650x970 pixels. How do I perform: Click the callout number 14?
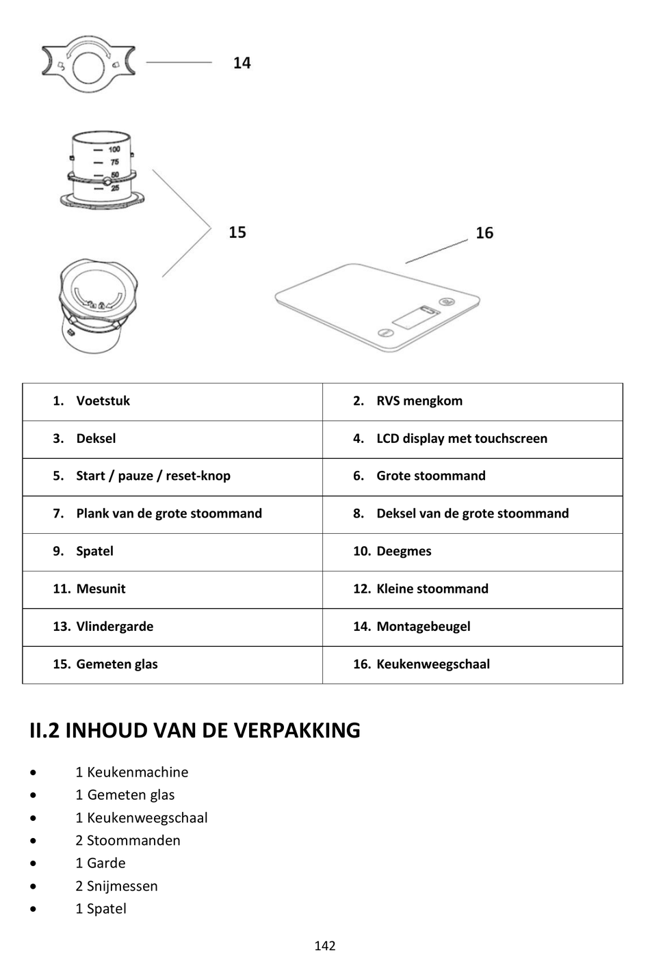pyautogui.click(x=242, y=63)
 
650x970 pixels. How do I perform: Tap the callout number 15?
pyautogui.click(x=237, y=232)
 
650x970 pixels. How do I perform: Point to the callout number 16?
pyautogui.click(x=484, y=233)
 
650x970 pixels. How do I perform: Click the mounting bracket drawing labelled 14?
pyautogui.click(x=88, y=64)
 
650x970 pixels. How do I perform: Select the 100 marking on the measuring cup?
pyautogui.click(x=114, y=149)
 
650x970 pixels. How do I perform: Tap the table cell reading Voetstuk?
pyautogui.click(x=103, y=401)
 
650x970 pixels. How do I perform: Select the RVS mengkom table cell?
pyautogui.click(x=419, y=401)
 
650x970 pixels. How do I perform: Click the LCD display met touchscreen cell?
pyautogui.click(x=461, y=439)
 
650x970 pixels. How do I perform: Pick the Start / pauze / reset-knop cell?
pyautogui.click(x=153, y=476)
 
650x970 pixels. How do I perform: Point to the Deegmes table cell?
pyautogui.click(x=403, y=552)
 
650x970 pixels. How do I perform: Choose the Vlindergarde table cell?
pyautogui.click(x=114, y=627)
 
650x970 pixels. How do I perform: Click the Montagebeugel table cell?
pyautogui.click(x=423, y=627)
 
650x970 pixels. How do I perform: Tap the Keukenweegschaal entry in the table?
pyautogui.click(x=432, y=664)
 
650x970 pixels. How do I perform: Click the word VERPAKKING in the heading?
pyautogui.click(x=296, y=731)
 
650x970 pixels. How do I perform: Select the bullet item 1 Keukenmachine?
pyautogui.click(x=131, y=772)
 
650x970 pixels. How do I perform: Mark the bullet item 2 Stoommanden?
pyautogui.click(x=127, y=841)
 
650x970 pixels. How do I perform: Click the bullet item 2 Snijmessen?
pyautogui.click(x=116, y=887)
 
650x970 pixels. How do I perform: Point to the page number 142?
pyautogui.click(x=325, y=946)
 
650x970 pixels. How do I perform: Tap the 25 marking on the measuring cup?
pyautogui.click(x=114, y=188)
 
